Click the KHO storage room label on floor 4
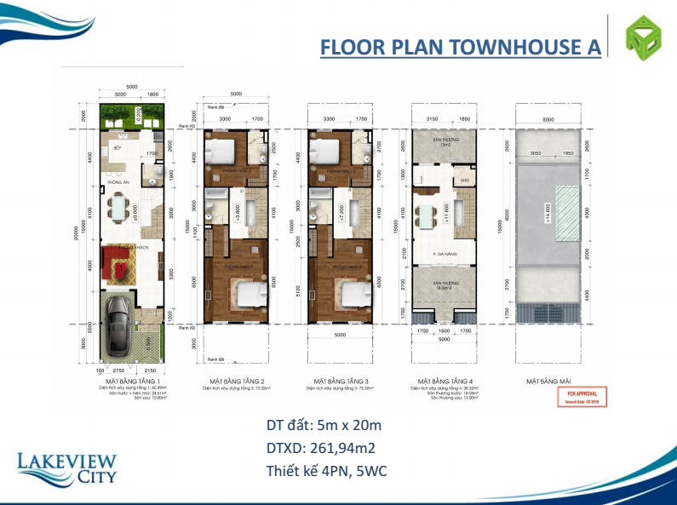click(465, 180)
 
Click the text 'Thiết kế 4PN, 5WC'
click(327, 470)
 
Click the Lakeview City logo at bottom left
click(66, 469)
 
